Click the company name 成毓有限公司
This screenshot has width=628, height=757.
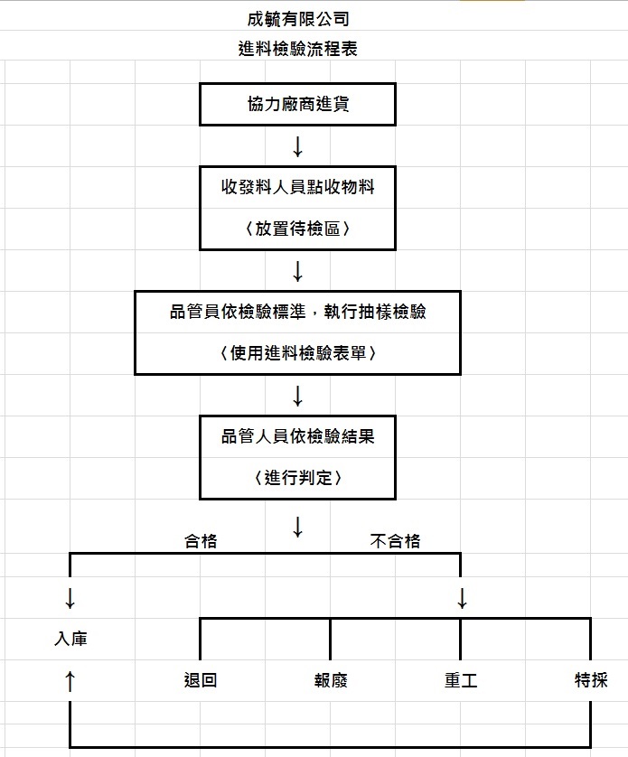pyautogui.click(x=298, y=19)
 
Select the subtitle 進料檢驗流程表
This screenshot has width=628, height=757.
pyautogui.click(x=297, y=49)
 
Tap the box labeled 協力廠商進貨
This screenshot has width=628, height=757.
pyautogui.click(x=297, y=104)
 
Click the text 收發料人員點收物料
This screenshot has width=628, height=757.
pyautogui.click(x=297, y=187)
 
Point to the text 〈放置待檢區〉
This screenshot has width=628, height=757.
pyautogui.click(x=297, y=229)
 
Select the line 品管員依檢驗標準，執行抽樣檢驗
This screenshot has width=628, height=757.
pyautogui.click(x=297, y=312)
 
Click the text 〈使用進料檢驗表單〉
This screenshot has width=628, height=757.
pyautogui.click(x=297, y=353)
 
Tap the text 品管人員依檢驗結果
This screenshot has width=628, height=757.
pyautogui.click(x=297, y=436)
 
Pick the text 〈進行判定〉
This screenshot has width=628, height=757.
pyautogui.click(x=297, y=478)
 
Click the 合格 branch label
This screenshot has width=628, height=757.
pyautogui.click(x=201, y=541)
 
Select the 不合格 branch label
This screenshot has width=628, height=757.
pyautogui.click(x=395, y=541)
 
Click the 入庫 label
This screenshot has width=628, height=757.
pyautogui.click(x=70, y=639)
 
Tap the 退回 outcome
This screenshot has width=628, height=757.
pyautogui.click(x=201, y=680)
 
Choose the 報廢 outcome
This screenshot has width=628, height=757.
pyautogui.click(x=331, y=680)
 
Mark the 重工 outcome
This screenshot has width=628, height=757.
pyautogui.click(x=461, y=680)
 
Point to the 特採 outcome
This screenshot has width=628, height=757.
pyautogui.click(x=591, y=680)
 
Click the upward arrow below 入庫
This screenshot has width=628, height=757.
pyautogui.click(x=70, y=681)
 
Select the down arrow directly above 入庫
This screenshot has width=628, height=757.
pyautogui.click(x=70, y=598)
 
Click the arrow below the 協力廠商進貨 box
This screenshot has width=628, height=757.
pyautogui.click(x=297, y=146)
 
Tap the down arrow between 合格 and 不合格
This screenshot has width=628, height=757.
pyautogui.click(x=297, y=528)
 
